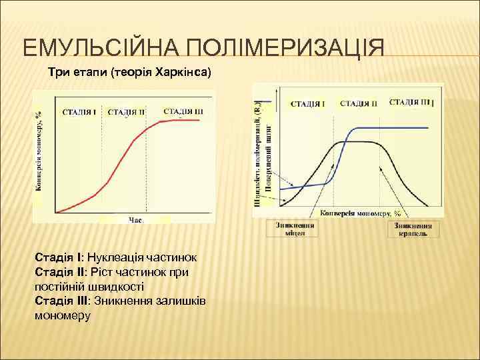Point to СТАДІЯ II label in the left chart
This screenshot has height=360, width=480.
[126, 111]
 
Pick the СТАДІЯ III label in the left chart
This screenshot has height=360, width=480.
[183, 111]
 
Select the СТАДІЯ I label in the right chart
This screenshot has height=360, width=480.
[308, 103]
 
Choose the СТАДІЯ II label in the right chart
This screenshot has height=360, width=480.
[359, 103]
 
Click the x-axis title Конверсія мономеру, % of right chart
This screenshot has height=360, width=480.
[361, 213]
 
